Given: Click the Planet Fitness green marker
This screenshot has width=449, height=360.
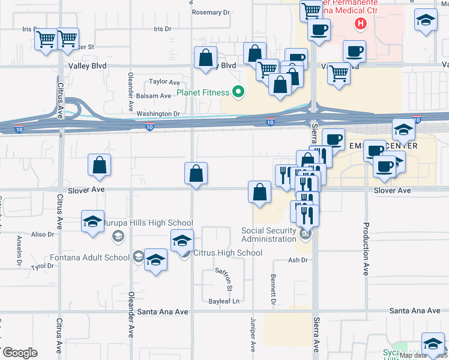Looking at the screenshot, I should coord(238,92).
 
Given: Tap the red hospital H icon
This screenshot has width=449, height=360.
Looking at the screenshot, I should coord(360,25).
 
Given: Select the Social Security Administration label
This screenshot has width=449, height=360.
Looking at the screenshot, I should coord(269,235).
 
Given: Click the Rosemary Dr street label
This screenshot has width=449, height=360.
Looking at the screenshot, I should coord(211,12).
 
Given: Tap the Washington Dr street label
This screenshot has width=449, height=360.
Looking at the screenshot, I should coord(158,113).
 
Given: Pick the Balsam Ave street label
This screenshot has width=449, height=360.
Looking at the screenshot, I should coord(153,96).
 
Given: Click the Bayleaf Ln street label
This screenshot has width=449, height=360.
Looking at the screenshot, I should coord(224,301).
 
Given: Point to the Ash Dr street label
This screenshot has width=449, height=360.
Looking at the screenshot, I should coord(298,260).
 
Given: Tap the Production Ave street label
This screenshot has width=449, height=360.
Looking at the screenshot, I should coord(365,249).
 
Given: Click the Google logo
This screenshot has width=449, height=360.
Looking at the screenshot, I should coord(20,353).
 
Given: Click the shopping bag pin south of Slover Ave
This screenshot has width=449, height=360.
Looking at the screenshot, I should coord(259,193).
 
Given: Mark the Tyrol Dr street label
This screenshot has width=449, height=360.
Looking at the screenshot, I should coord(43,266).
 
